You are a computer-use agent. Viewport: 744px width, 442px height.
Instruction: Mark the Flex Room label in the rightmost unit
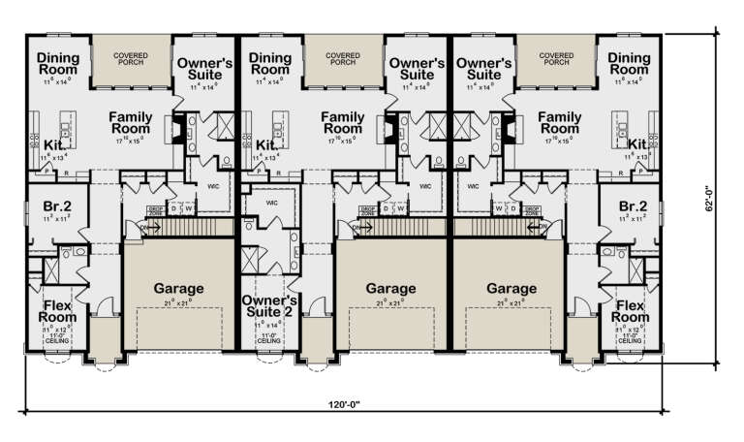[x=631, y=311]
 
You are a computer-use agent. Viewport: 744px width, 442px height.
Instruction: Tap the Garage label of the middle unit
[x=390, y=288]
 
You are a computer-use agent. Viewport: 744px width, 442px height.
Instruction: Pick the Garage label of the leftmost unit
[x=178, y=288]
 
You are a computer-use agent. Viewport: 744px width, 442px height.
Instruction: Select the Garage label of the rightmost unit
[x=511, y=288]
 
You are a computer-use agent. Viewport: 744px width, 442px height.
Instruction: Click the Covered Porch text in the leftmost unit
[x=131, y=60]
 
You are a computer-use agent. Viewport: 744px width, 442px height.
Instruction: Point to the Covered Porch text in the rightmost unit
[x=556, y=60]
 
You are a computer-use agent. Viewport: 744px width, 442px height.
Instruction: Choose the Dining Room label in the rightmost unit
[x=630, y=64]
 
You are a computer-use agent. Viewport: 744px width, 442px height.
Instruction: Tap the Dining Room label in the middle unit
[x=270, y=64]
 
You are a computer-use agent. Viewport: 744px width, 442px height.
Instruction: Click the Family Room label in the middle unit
[x=343, y=122]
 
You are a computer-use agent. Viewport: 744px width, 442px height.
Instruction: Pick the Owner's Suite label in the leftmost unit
[x=204, y=68]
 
